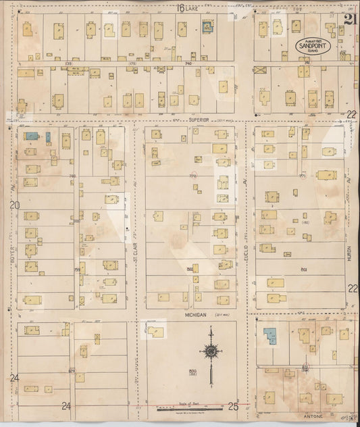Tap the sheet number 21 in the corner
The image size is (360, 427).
[350, 19]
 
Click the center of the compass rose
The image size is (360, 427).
[211, 351]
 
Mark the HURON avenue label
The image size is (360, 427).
[349, 252]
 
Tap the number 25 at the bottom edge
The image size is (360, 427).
[233, 406]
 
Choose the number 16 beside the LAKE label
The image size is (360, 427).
[180, 8]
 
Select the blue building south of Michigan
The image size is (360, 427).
[270, 336]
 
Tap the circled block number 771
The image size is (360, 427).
[303, 175]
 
